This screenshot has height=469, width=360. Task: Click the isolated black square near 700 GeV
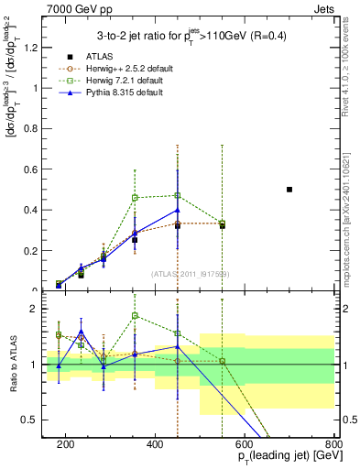pyautogui.click(x=289, y=190)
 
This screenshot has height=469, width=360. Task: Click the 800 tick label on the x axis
pyautogui.click(x=333, y=443)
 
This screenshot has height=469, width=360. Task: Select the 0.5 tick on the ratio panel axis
pyautogui.click(x=34, y=420)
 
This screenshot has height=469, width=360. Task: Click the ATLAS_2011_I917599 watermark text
pyautogui.click(x=190, y=273)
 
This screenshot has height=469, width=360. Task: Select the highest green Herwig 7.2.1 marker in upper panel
pyautogui.click(x=178, y=195)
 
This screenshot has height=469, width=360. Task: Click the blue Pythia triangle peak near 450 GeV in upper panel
pyautogui.click(x=178, y=210)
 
